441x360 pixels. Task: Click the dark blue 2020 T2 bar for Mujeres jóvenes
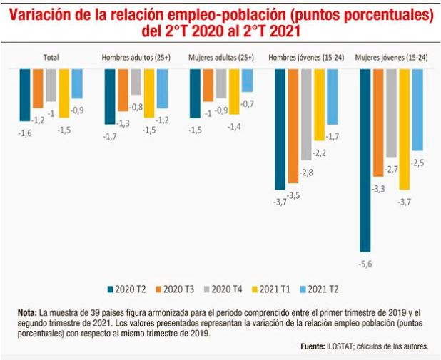coord(365,160)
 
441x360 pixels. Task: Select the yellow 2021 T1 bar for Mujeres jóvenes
coord(405,129)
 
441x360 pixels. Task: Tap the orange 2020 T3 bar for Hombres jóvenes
coord(293,126)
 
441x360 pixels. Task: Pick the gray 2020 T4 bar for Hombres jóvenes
coord(306,114)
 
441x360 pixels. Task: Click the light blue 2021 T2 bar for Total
coord(77,83)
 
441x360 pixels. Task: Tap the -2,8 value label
coord(307,173)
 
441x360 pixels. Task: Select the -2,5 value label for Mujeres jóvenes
coord(418,163)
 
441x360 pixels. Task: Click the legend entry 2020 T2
coord(128,288)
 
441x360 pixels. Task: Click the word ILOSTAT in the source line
coord(340,346)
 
